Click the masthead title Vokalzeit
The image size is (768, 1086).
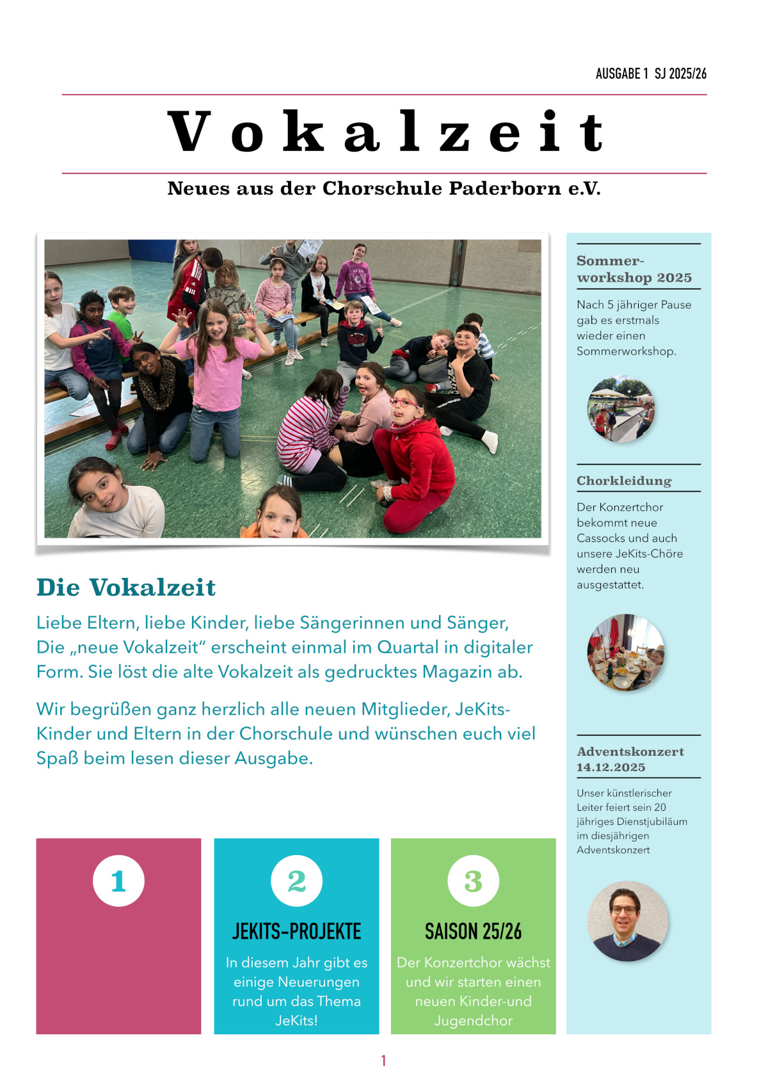[x=385, y=132]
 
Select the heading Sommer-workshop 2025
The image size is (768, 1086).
[x=634, y=269]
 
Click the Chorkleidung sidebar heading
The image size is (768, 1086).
[x=624, y=481]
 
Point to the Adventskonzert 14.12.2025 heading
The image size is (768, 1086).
[x=630, y=759]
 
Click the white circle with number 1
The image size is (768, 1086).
[x=118, y=881]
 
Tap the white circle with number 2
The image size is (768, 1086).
[x=296, y=881]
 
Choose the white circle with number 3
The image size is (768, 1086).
[x=473, y=881]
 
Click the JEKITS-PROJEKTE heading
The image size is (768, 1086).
[x=296, y=931]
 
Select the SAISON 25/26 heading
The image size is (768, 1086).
[x=473, y=931]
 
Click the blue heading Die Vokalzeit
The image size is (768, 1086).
[x=126, y=587]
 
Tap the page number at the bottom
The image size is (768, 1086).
[x=383, y=1060]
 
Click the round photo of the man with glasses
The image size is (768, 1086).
[x=627, y=921]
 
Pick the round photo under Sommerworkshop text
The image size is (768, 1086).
[x=621, y=409]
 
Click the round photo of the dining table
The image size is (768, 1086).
[x=625, y=652]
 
